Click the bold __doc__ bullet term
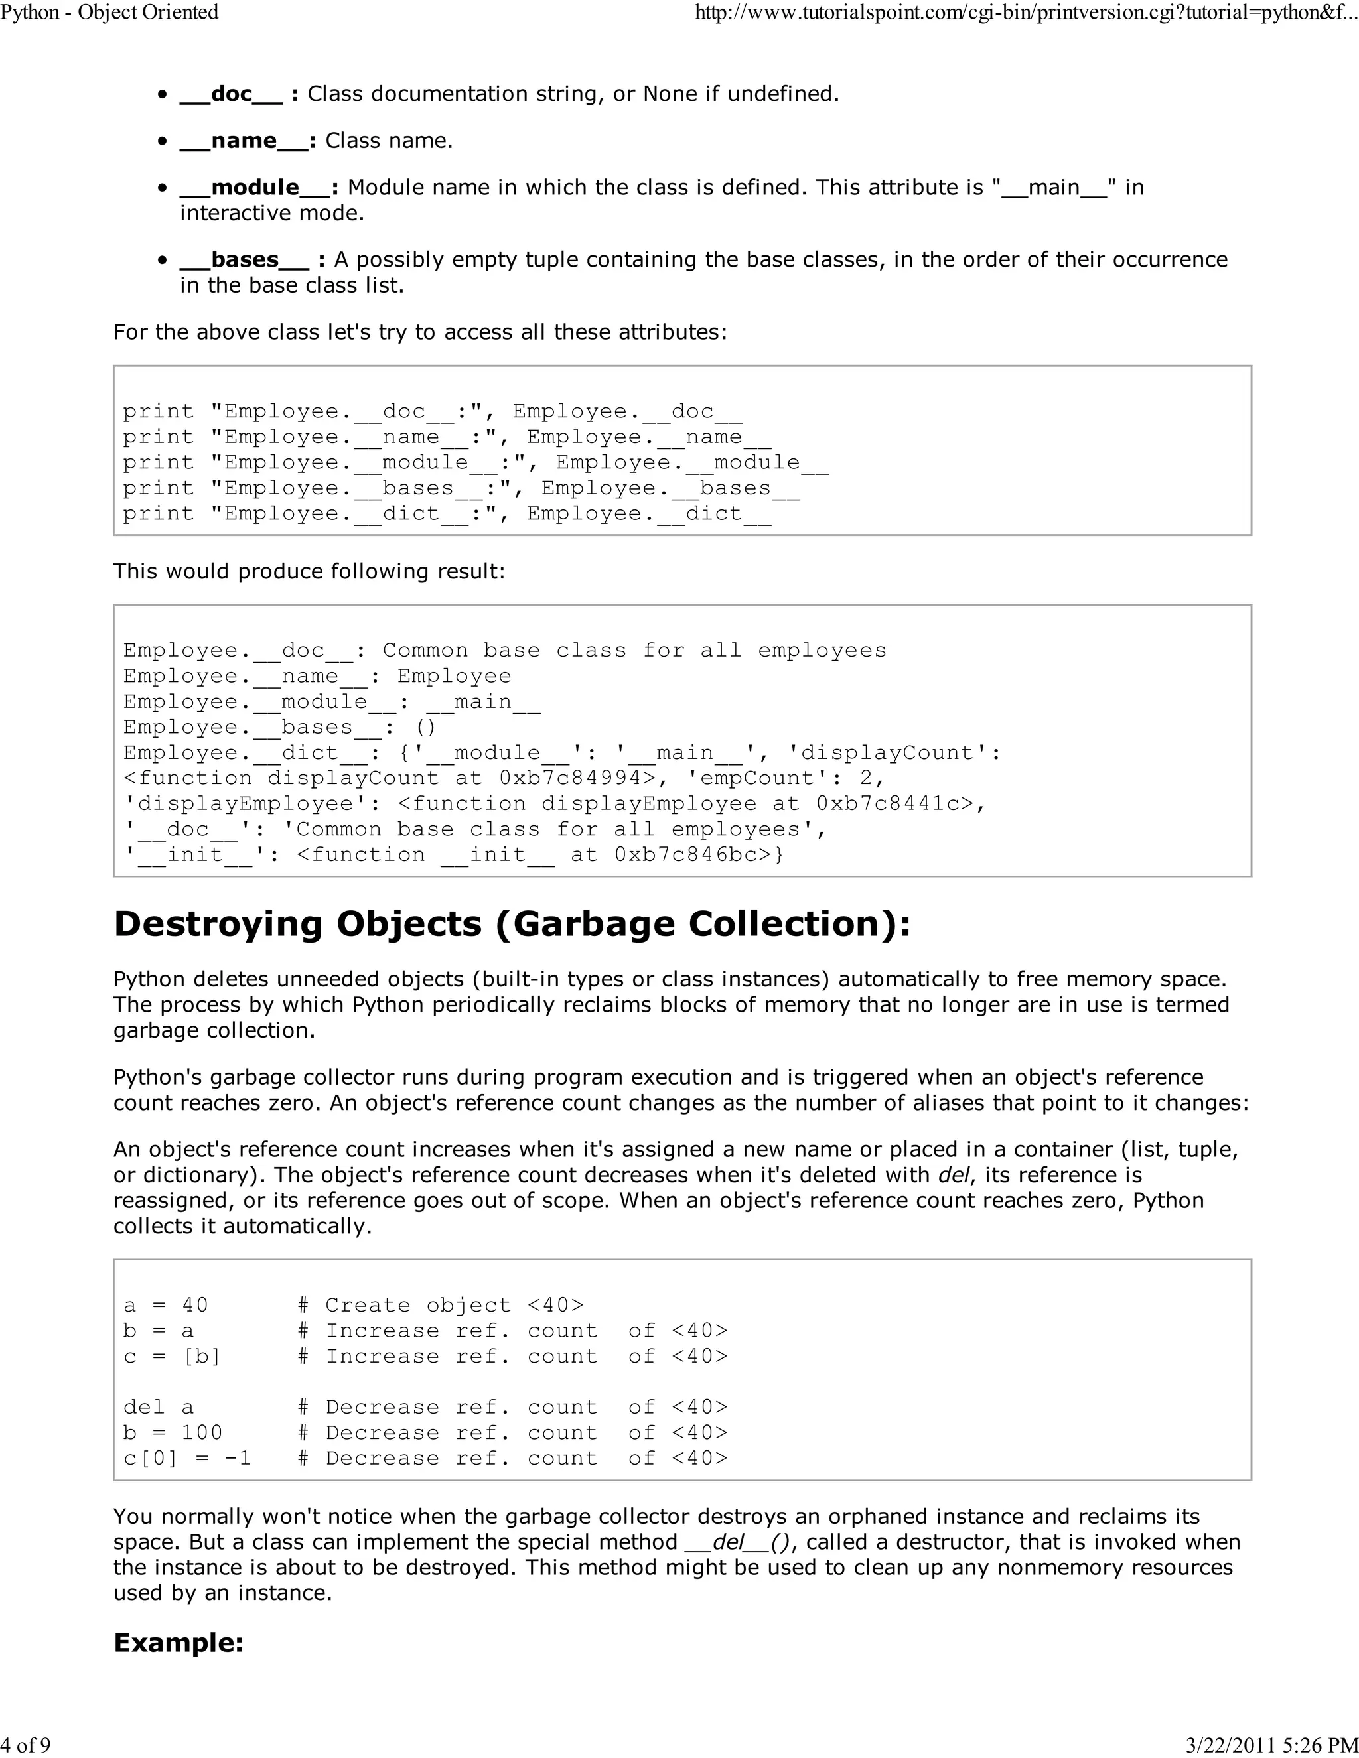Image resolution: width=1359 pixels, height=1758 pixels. pyautogui.click(x=230, y=94)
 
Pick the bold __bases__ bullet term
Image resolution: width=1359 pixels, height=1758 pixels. pyautogui.click(x=243, y=260)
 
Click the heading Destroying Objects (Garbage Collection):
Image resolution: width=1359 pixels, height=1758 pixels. pyautogui.click(x=512, y=924)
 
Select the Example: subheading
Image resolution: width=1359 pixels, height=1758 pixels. pyautogui.click(x=179, y=1642)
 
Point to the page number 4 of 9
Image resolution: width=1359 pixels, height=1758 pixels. pyautogui.click(x=26, y=1745)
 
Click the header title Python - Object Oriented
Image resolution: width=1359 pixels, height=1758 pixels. pyautogui.click(x=109, y=13)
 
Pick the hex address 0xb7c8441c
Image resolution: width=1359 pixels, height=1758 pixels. pyautogui.click(x=894, y=804)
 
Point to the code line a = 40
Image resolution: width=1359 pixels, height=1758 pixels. pyautogui.click(x=166, y=1305)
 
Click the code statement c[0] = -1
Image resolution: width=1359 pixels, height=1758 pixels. pyautogui.click(x=186, y=1459)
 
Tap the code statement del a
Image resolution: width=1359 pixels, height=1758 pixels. pyautogui.click(x=159, y=1407)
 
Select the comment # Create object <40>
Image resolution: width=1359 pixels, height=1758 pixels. pyautogui.click(x=441, y=1305)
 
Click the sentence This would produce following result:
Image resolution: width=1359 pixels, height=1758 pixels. pyautogui.click(x=309, y=571)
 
